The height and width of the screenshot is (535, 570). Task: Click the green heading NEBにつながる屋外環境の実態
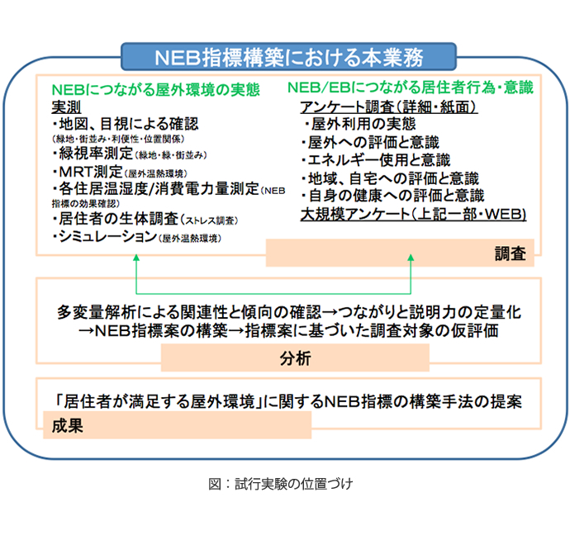pyautogui.click(x=155, y=88)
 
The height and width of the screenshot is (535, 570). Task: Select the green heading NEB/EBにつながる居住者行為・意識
pyautogui.click(x=410, y=88)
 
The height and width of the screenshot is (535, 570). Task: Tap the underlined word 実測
pyautogui.click(x=68, y=107)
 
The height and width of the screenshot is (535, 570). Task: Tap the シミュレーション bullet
pyautogui.click(x=104, y=238)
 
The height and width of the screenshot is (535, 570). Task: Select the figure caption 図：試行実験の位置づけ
pyautogui.click(x=281, y=484)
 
